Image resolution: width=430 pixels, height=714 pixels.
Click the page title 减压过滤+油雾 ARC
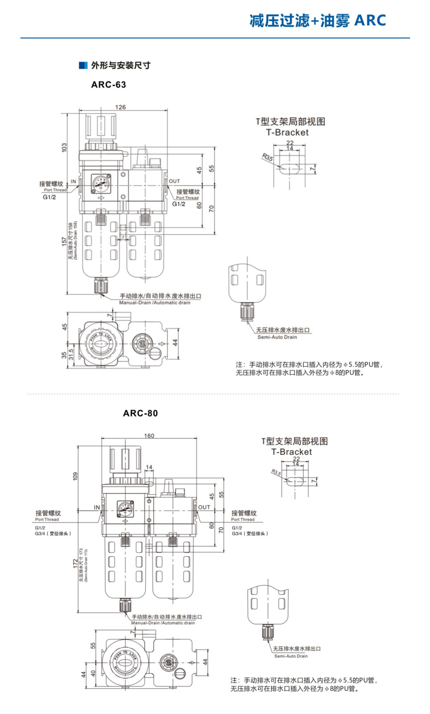point(318,20)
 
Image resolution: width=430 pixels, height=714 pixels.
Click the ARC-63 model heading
point(109,84)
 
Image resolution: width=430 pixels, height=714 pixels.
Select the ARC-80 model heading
point(140,413)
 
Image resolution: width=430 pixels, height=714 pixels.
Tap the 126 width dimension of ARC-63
point(121,107)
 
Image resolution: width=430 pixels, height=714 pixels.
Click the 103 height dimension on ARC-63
point(64,146)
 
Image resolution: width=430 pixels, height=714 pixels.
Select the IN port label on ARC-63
point(74,181)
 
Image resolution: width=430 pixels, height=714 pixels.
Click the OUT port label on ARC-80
point(204,507)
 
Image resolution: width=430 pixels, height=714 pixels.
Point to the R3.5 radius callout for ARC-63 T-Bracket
point(268,157)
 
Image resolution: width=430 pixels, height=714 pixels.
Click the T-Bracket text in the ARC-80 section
point(291,451)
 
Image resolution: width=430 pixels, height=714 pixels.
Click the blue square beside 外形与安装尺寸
point(83,65)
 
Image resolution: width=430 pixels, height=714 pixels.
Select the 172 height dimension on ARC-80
point(75,564)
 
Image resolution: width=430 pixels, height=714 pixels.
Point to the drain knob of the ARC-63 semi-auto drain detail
point(247,311)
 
